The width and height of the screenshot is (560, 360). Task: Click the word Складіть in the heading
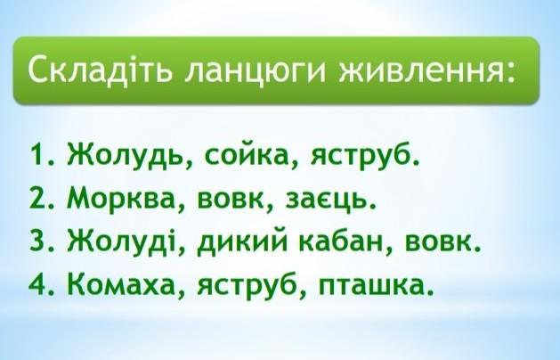100,69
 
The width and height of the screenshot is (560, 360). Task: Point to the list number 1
40,154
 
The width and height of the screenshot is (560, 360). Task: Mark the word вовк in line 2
231,200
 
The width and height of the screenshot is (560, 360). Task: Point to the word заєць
327,200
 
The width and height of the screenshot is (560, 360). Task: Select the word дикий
242,241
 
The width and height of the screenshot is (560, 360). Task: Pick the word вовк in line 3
439,242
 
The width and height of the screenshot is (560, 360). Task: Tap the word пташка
371,285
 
